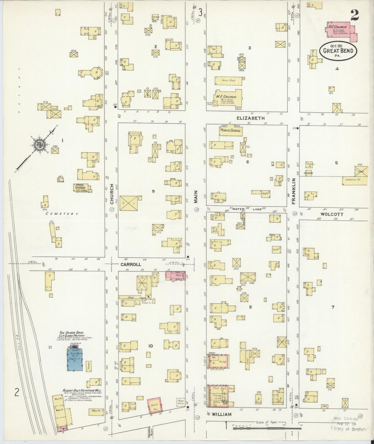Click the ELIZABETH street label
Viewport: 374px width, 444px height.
pyautogui.click(x=251, y=118)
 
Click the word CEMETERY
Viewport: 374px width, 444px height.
pyautogui.click(x=62, y=214)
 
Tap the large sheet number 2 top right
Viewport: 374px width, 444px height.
pyautogui.click(x=355, y=16)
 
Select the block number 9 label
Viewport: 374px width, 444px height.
pyautogui.click(x=153, y=191)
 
